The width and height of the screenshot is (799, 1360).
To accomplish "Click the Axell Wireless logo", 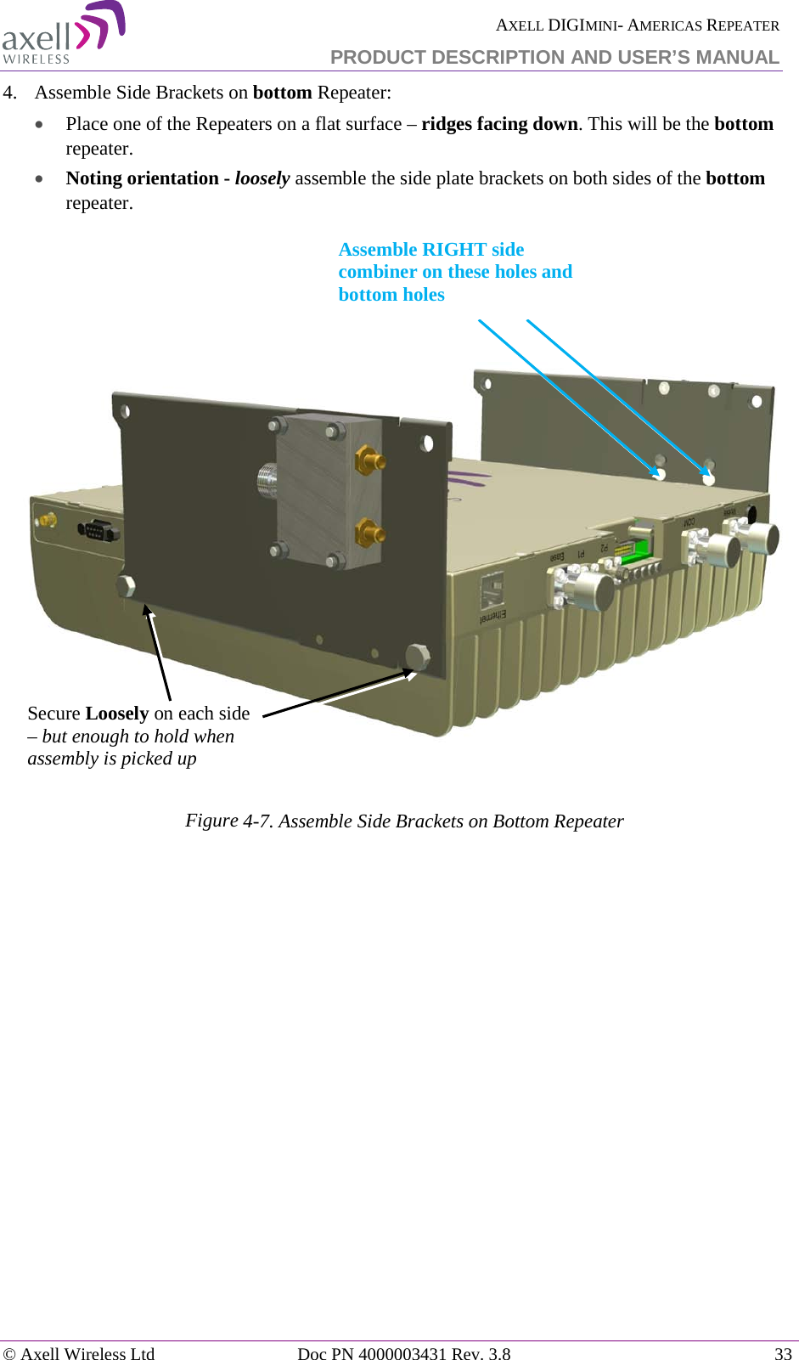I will (x=63, y=34).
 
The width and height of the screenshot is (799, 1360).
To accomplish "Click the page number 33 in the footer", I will (x=782, y=1353).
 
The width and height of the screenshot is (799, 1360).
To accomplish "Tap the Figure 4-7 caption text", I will (x=404, y=821).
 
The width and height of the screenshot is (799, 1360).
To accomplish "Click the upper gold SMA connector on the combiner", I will (x=370, y=461).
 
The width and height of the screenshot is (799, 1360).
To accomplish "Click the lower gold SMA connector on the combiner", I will (x=370, y=533).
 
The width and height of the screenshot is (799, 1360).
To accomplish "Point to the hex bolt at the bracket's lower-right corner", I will (x=417, y=656).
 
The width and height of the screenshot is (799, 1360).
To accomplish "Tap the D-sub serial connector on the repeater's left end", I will (x=98, y=531).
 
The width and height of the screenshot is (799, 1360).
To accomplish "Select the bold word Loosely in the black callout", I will (x=117, y=714).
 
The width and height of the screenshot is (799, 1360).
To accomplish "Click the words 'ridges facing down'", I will (x=499, y=124).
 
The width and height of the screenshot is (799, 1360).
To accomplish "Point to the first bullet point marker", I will (x=40, y=125).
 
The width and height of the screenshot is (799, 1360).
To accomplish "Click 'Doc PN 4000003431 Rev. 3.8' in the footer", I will (x=403, y=1353).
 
